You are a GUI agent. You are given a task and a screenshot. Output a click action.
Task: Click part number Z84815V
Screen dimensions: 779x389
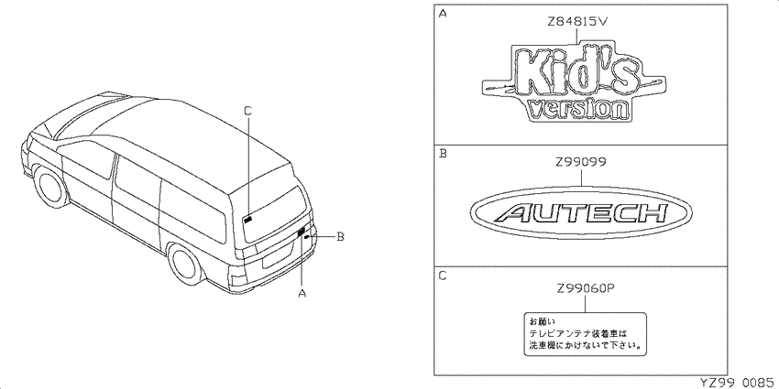577,22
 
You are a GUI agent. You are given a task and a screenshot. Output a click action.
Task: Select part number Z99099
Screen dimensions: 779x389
580,163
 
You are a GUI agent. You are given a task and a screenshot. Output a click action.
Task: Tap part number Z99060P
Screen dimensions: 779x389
584,289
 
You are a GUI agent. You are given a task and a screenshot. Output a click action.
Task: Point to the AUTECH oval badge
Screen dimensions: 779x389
580,213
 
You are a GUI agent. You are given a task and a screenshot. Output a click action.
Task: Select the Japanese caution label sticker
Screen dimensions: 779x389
586,333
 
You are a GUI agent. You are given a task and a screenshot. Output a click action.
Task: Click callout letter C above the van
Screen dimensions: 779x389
248,111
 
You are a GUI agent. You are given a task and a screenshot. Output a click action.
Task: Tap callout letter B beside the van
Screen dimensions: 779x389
340,237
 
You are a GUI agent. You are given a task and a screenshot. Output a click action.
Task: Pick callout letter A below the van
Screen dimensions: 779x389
302,293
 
